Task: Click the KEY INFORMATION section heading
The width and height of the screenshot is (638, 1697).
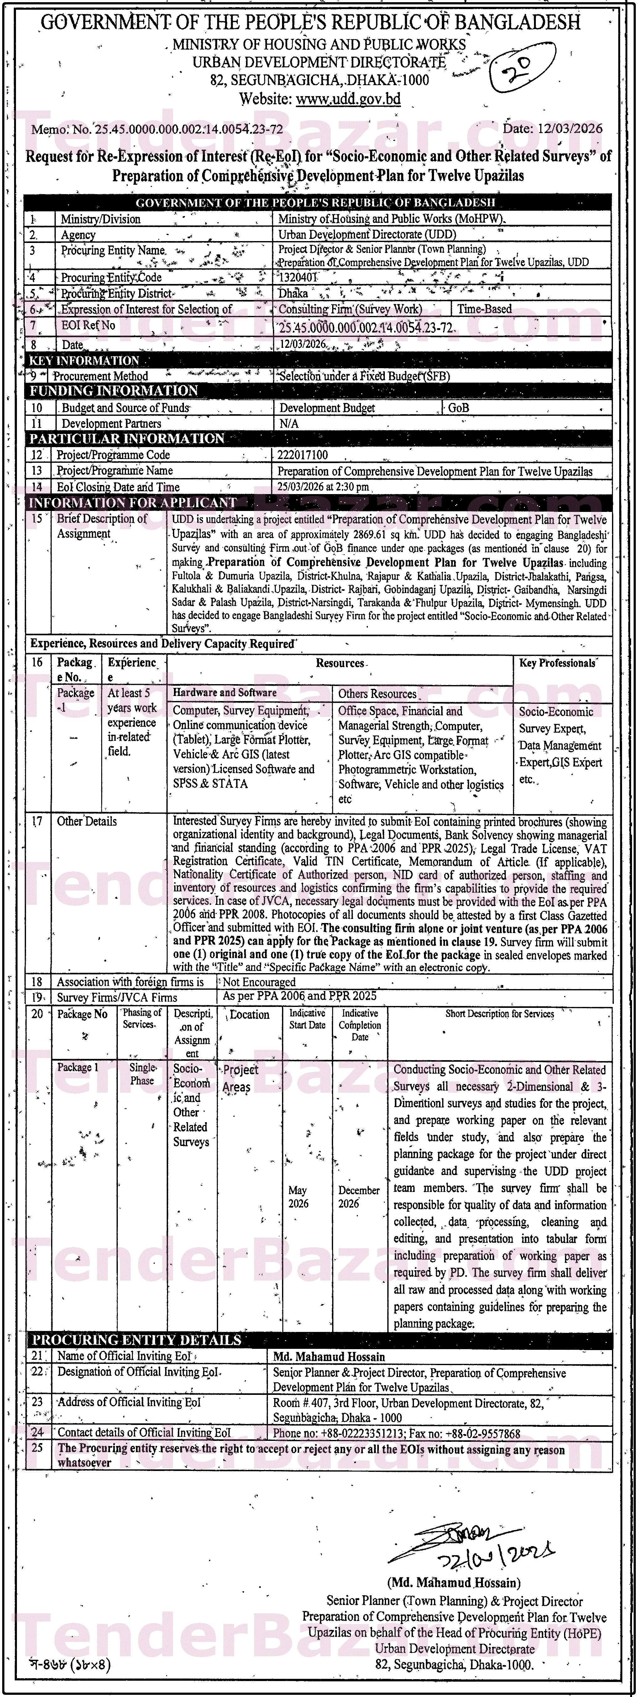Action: point(84,360)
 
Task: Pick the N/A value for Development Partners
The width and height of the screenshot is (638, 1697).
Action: point(289,424)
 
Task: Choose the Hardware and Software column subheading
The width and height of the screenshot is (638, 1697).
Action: point(225,692)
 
